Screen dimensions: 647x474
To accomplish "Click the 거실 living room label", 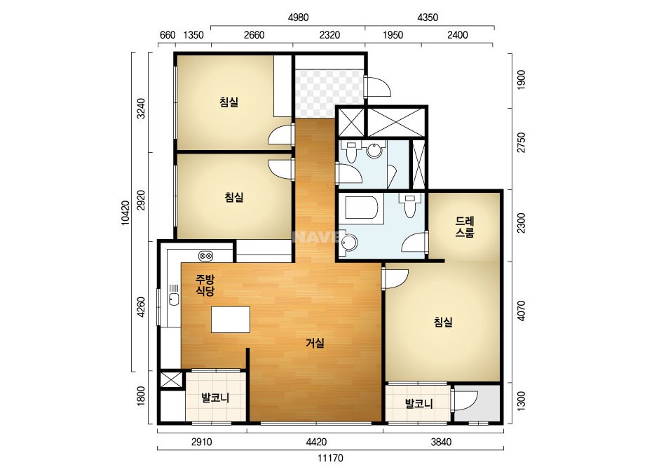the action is coord(315,343).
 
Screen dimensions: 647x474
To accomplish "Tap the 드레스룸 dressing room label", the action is coord(465,226).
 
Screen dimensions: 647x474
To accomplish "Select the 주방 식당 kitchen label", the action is coord(205,285).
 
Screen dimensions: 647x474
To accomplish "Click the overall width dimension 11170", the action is coord(331,458).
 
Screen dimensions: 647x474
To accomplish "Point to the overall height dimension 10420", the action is coord(126,213).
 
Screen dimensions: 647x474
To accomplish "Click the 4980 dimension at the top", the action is coord(298,18).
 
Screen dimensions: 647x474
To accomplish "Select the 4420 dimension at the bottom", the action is coord(316,442).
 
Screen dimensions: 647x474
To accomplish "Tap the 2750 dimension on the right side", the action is coord(522,142).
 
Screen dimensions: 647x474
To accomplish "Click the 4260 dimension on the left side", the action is coord(141,307).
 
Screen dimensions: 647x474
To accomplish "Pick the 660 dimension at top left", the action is coord(168,35).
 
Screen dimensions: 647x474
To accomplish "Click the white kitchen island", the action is coord(231,319).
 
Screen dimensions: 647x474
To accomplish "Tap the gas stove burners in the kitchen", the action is coord(205,256).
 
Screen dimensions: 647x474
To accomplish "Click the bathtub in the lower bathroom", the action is coord(361,208).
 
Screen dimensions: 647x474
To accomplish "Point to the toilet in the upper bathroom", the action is coord(351,152).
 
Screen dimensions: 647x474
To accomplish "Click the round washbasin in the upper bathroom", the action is coord(374,150).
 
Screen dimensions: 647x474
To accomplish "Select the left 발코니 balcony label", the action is coord(215,398).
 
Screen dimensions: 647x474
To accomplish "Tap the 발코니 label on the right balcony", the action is coord(418,403).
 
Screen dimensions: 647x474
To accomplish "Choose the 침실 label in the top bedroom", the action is coord(229,102).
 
